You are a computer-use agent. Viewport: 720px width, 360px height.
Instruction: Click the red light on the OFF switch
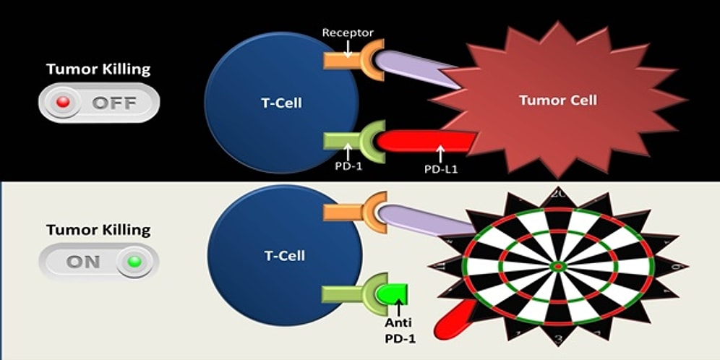[63, 103]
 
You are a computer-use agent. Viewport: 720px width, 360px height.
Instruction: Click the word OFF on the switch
[113, 103]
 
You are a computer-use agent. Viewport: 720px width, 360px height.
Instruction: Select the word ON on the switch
[83, 261]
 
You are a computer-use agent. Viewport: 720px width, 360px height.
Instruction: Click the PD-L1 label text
[440, 168]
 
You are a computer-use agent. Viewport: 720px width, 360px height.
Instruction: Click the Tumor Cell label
[558, 100]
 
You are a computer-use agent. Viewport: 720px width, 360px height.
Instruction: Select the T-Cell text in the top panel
[281, 103]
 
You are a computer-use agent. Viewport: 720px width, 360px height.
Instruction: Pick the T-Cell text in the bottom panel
[284, 255]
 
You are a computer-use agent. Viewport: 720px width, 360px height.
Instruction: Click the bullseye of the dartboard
[558, 267]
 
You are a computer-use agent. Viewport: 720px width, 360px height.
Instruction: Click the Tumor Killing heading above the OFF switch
[98, 69]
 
